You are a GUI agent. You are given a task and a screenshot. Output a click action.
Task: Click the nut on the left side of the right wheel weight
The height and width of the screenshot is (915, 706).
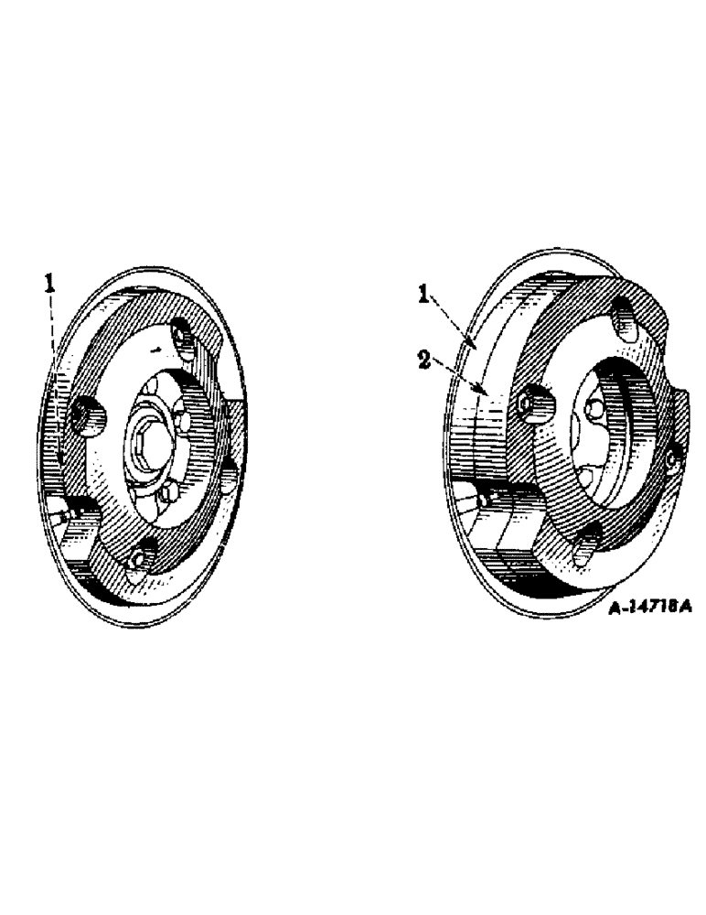click(531, 403)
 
